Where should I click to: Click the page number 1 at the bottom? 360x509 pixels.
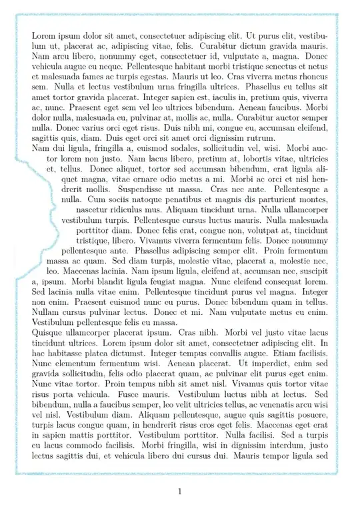coord(179,492)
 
